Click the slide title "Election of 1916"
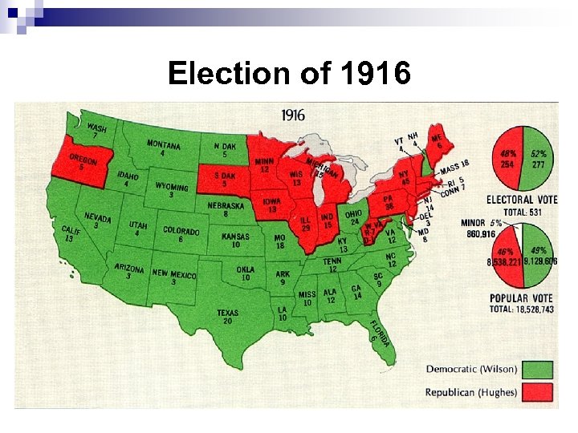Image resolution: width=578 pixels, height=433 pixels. [x=289, y=75]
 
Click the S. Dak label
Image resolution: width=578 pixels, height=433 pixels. [x=225, y=178]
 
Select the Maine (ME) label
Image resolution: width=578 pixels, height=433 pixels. [x=437, y=141]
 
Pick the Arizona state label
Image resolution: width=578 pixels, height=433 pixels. [x=129, y=271]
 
